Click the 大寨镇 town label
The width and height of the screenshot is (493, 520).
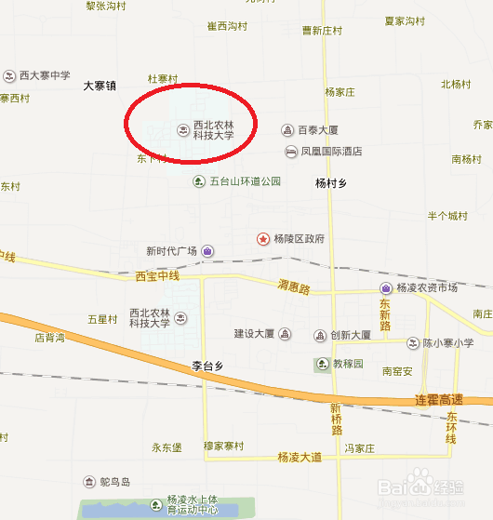tap(100, 86)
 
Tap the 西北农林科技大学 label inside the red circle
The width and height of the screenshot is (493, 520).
tap(213, 130)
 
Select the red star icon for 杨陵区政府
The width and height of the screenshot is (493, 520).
tap(263, 239)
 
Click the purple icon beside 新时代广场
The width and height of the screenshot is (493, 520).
tap(207, 251)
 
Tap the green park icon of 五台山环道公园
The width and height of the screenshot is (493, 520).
tap(198, 181)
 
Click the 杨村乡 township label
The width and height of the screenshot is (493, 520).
tap(330, 184)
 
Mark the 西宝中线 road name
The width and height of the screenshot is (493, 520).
tap(155, 276)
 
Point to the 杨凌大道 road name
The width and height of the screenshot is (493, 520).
tap(299, 457)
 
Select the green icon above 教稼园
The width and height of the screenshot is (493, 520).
tap(322, 364)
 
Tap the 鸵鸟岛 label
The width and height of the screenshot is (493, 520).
tap(119, 482)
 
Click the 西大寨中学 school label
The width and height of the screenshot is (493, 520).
tap(44, 75)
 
